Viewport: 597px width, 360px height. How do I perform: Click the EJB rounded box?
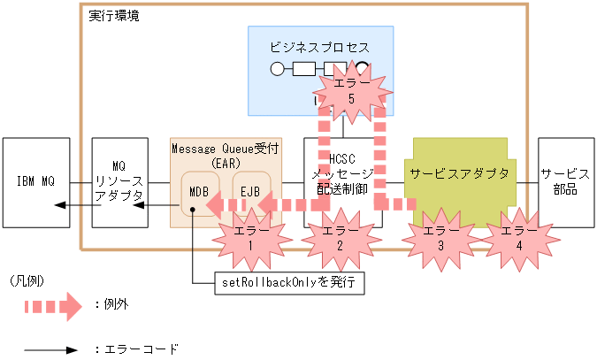[x=249, y=188]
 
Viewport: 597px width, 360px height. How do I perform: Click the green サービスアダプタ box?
[x=455, y=174]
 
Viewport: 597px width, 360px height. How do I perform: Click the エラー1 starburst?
[x=252, y=237]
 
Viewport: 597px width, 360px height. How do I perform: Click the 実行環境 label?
[x=114, y=16]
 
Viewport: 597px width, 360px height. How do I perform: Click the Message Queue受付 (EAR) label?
[x=226, y=156]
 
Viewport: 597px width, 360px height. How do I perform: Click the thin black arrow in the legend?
[x=53, y=350]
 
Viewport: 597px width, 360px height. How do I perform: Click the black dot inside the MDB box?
[x=192, y=211]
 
